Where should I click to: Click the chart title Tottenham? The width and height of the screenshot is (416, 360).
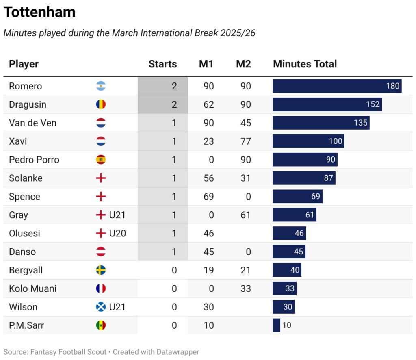click(x=39, y=12)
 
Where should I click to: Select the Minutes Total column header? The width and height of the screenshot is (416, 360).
click(x=305, y=64)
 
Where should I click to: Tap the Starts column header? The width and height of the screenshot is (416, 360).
click(x=162, y=64)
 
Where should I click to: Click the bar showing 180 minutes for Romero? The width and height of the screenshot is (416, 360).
click(x=337, y=86)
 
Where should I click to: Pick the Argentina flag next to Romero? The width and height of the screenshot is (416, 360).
click(x=101, y=86)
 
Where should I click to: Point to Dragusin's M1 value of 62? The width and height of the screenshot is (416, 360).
click(x=208, y=104)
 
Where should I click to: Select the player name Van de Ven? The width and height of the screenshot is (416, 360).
click(x=32, y=123)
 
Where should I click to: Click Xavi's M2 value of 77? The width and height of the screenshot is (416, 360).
click(x=245, y=141)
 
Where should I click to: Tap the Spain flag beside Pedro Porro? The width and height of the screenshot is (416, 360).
click(x=101, y=160)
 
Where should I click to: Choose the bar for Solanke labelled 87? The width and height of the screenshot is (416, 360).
click(x=304, y=178)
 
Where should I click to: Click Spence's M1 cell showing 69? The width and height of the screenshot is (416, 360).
click(x=208, y=197)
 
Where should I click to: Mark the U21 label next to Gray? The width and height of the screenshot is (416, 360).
click(x=117, y=215)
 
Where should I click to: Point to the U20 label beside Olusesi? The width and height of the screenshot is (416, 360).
click(x=117, y=233)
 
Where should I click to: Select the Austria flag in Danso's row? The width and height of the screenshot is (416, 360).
click(x=101, y=252)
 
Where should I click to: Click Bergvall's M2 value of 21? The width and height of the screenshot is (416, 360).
click(x=245, y=270)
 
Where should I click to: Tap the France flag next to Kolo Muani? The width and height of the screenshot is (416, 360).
click(x=101, y=288)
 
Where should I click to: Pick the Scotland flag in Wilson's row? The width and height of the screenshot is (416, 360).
click(x=101, y=307)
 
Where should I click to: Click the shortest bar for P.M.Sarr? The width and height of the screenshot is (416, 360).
click(x=276, y=325)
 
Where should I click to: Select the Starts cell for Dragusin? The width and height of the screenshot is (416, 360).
click(x=163, y=104)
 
